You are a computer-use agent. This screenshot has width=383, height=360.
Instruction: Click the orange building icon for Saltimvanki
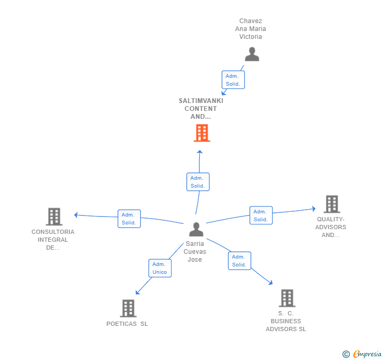click(201, 133)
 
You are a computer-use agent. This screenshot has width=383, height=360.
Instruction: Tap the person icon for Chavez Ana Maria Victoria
click(252, 55)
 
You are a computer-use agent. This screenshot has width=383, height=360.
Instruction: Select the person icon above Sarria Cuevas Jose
click(196, 230)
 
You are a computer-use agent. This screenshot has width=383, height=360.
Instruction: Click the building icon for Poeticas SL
click(128, 308)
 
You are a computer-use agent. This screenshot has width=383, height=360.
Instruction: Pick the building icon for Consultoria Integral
click(54, 217)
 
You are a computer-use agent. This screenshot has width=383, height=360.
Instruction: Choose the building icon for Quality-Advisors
click(331, 204)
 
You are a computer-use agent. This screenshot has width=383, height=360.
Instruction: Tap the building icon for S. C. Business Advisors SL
click(287, 298)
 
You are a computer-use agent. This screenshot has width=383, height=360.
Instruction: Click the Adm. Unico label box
click(159, 268)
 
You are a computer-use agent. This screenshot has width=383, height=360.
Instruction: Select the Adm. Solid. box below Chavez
click(233, 80)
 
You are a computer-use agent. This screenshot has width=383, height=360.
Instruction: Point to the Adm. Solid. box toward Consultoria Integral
click(129, 219)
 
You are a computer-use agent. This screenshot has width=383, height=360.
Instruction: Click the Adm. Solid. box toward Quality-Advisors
click(261, 215)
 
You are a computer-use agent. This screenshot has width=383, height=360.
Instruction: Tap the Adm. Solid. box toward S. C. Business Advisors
click(239, 261)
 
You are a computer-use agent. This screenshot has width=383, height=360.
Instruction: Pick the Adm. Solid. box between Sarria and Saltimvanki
click(198, 182)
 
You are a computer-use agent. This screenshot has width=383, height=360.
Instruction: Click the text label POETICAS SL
click(127, 324)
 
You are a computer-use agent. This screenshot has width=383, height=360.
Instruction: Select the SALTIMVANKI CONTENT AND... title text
click(201, 108)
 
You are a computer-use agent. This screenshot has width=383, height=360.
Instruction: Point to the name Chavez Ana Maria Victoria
click(250, 29)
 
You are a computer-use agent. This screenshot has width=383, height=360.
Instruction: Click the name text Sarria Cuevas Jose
click(195, 252)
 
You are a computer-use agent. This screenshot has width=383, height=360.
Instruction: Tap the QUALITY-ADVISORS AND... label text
click(330, 227)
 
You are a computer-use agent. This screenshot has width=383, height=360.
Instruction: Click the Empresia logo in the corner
click(362, 354)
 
